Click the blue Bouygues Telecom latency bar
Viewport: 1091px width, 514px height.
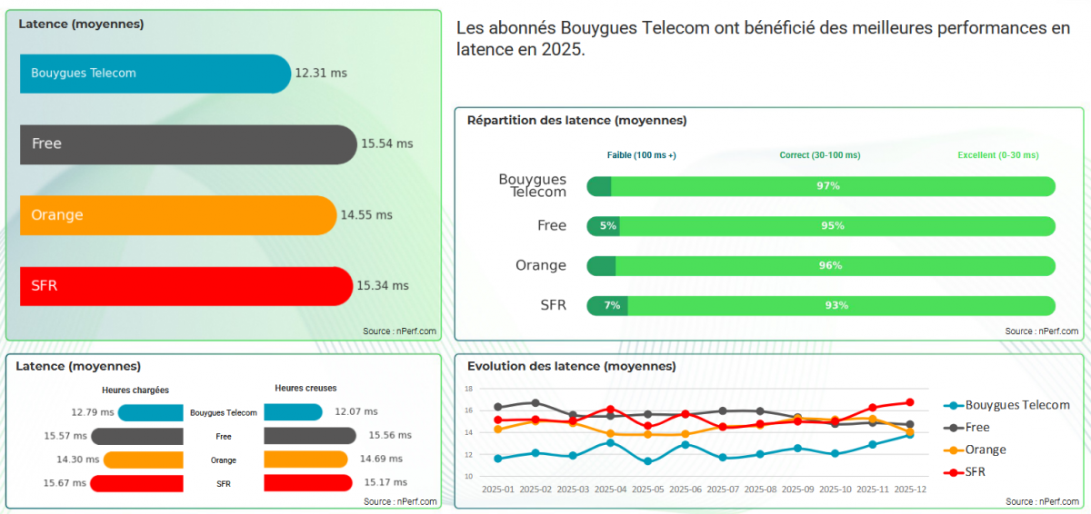click(x=155, y=74)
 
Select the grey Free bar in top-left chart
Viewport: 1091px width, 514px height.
click(x=187, y=144)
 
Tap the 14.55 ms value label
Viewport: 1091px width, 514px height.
click(x=366, y=215)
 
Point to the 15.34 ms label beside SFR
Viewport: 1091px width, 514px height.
click(x=383, y=286)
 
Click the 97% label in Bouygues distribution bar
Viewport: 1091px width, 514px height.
click(x=827, y=186)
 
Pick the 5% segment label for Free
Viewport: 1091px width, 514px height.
click(x=608, y=226)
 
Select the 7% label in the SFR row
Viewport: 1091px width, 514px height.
click(x=612, y=305)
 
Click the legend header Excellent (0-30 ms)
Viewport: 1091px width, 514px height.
click(x=997, y=155)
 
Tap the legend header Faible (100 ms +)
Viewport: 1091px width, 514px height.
click(x=641, y=155)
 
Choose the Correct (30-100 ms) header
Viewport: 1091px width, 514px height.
click(x=819, y=155)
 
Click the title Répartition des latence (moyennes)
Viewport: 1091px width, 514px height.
click(x=576, y=120)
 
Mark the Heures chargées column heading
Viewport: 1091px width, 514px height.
click(x=135, y=390)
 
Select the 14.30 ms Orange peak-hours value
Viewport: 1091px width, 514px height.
click(x=65, y=460)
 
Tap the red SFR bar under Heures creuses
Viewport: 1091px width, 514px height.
click(x=307, y=482)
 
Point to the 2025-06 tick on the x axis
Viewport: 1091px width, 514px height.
click(x=685, y=489)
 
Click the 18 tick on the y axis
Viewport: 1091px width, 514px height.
click(x=469, y=389)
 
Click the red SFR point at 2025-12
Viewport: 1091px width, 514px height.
click(x=910, y=402)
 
